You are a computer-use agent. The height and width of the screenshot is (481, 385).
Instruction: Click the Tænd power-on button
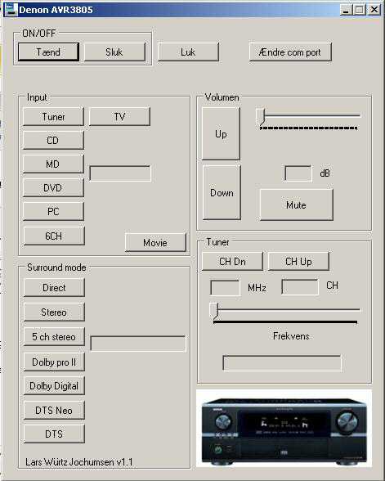[48, 52]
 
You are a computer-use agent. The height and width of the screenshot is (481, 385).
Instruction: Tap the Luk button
[188, 52]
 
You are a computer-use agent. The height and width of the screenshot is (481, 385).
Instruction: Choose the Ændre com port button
[290, 52]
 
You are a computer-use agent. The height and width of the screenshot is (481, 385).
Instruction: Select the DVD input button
[53, 188]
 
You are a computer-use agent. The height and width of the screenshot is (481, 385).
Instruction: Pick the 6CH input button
[54, 236]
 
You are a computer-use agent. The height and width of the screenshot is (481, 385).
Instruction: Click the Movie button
[155, 243]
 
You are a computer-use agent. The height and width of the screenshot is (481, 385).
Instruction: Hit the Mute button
[297, 205]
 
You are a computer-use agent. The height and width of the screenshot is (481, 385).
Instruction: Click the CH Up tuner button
[298, 262]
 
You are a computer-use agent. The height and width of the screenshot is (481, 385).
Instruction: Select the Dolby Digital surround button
[54, 385]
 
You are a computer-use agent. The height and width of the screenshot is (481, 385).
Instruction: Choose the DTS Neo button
[54, 410]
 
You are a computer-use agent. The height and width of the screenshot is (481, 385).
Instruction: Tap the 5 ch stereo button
[54, 336]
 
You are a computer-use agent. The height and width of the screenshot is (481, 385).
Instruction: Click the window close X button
[374, 10]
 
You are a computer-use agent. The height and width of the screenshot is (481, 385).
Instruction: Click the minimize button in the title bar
[346, 10]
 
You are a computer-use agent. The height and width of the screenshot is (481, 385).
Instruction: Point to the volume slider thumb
[261, 116]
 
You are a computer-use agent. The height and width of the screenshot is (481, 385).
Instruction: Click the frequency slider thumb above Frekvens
[214, 311]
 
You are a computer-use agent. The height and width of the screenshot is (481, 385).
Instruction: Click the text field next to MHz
[225, 288]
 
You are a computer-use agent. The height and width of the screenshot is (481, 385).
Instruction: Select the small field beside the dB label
[298, 173]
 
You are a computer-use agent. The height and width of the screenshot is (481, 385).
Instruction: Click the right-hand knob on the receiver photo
[347, 421]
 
